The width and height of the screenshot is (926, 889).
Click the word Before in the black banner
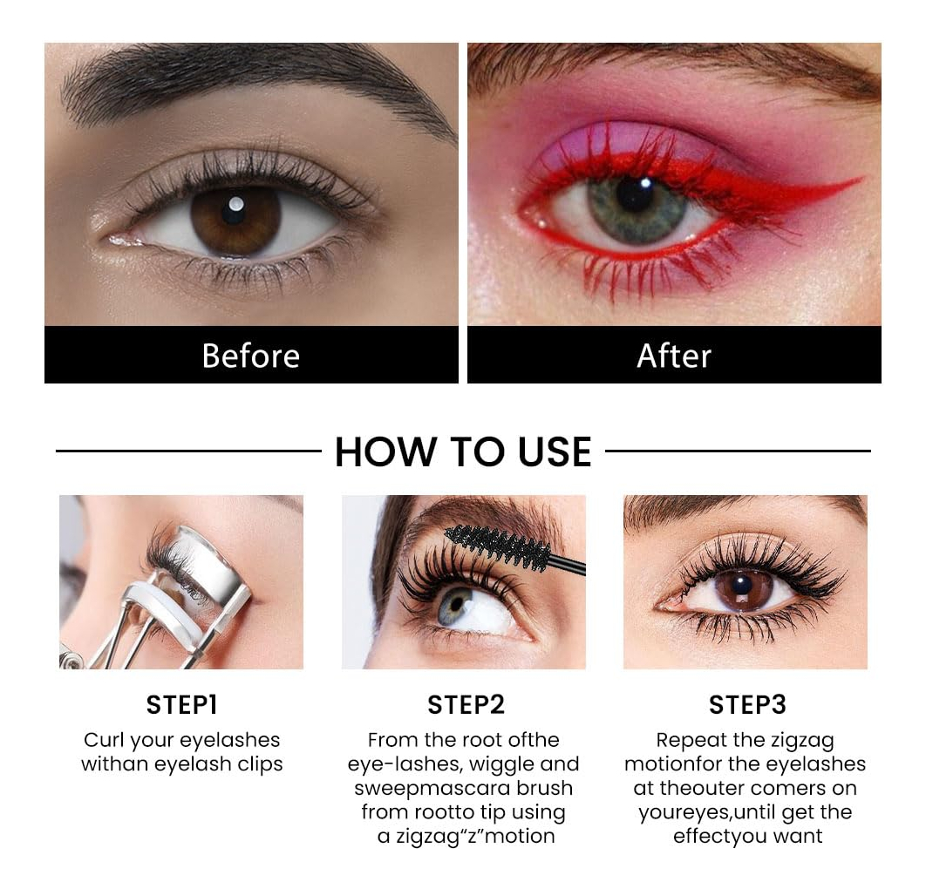point(251,356)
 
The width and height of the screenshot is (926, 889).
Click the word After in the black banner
point(674,356)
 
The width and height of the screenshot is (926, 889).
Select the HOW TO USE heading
point(463,451)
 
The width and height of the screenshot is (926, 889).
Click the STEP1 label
point(182,705)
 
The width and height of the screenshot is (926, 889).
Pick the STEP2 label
point(466,705)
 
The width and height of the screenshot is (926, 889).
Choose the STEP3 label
point(747,705)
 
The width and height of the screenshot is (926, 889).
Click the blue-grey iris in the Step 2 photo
point(455,607)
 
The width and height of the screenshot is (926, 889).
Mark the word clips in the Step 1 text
point(260,764)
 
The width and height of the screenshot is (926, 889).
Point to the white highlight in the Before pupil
point(236,204)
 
